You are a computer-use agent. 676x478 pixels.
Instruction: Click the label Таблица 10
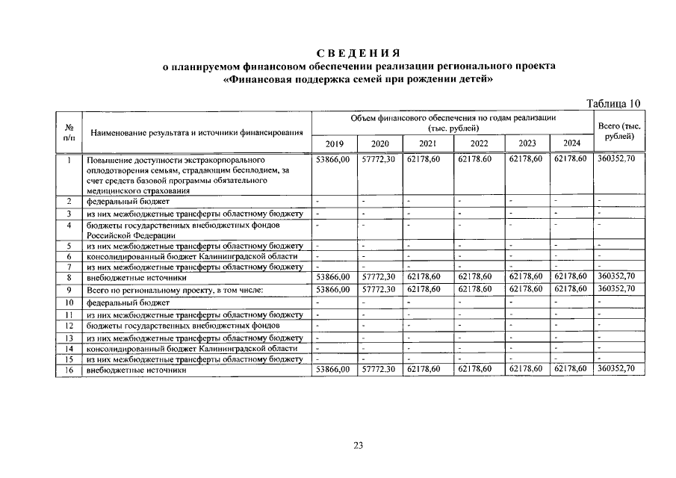pyautogui.click(x=613, y=103)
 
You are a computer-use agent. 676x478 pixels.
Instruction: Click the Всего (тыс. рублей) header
pyautogui.click(x=620, y=131)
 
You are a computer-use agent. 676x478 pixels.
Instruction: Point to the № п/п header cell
pyautogui.click(x=69, y=132)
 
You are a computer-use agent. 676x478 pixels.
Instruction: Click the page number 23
pyautogui.click(x=358, y=446)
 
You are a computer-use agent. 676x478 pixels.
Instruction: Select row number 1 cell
pyautogui.click(x=69, y=160)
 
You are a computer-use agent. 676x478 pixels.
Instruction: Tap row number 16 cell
pyautogui.click(x=69, y=370)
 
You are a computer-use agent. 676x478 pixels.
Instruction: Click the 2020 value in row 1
pyautogui.click(x=376, y=160)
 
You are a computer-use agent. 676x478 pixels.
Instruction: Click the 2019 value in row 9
pyautogui.click(x=333, y=288)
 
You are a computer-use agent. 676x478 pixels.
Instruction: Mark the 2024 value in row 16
pyautogui.click(x=570, y=369)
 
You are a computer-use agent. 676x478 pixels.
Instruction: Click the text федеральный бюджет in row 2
pyautogui.click(x=128, y=202)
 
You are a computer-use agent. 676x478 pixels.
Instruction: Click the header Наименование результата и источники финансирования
pyautogui.click(x=196, y=133)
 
